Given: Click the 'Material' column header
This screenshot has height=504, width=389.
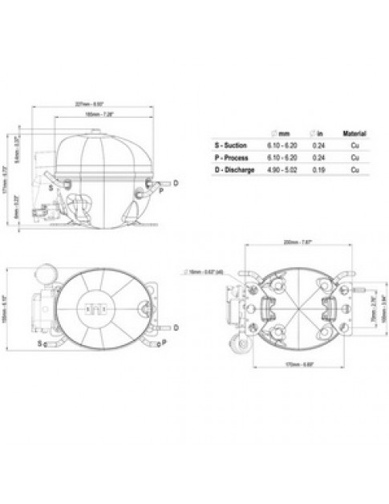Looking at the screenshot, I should pos(354,133).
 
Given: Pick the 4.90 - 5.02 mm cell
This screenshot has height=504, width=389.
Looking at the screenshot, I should pos(281,171).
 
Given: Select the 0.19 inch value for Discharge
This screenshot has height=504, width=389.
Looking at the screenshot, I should pos(319,171).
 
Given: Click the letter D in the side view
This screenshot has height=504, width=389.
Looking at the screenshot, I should pos(176,184).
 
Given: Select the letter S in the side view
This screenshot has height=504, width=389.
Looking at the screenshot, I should pos(51,186).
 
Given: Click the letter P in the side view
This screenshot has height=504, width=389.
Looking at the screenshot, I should pos(161,191).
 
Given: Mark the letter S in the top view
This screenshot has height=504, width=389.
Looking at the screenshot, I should pos(40,343).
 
